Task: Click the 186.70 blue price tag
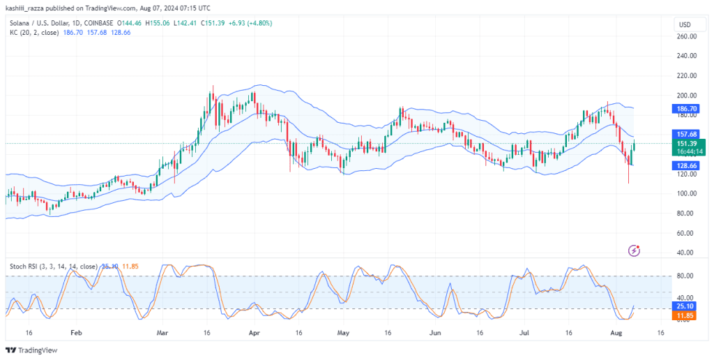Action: coord(688,108)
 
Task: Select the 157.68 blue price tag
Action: coord(688,134)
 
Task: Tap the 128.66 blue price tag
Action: coord(688,165)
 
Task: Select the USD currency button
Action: coord(685,24)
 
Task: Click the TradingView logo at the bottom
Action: coord(31,350)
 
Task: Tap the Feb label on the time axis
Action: coord(76,333)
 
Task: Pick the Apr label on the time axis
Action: coord(255,333)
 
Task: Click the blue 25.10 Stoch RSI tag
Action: coord(688,306)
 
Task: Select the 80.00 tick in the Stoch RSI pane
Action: coord(688,276)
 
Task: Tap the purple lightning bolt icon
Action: coord(634,250)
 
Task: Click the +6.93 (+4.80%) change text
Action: coord(250,23)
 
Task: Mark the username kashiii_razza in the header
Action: coord(24,8)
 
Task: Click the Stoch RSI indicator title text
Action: coord(54,266)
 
